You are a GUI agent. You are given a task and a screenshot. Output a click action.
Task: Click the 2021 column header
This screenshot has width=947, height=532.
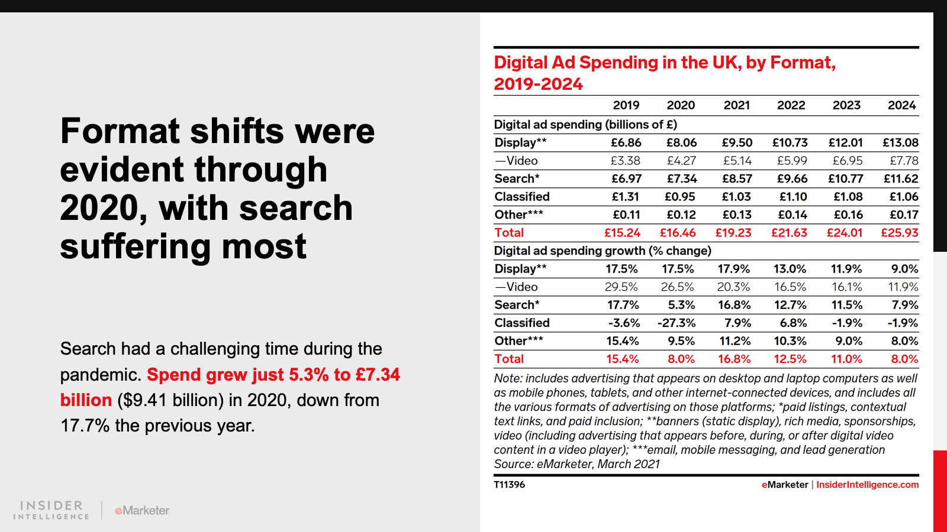pyautogui.click(x=736, y=105)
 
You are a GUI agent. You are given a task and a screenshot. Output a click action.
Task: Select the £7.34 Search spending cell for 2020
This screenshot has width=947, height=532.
pyautogui.click(x=681, y=179)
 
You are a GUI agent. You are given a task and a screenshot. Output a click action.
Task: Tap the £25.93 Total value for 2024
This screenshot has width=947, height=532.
pyautogui.click(x=899, y=233)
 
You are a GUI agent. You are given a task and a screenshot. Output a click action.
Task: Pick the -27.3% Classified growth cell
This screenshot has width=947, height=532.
pyautogui.click(x=677, y=323)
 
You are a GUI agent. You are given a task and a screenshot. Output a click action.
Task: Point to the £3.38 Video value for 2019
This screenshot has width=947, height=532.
pyautogui.click(x=625, y=161)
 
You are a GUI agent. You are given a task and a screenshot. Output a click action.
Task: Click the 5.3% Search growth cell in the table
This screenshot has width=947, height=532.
pyautogui.click(x=681, y=305)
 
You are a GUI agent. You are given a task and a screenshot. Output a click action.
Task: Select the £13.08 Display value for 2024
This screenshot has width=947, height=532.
pyautogui.click(x=900, y=142)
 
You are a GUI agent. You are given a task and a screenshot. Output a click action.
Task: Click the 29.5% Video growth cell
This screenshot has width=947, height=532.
pyautogui.click(x=621, y=287)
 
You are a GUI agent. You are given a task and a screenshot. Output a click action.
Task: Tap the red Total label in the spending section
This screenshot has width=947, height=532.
pyautogui.click(x=509, y=233)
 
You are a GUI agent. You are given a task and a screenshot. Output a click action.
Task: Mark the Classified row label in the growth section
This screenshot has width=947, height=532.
pyautogui.click(x=522, y=323)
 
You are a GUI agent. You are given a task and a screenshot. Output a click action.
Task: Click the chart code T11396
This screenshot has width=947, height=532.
pyautogui.click(x=510, y=485)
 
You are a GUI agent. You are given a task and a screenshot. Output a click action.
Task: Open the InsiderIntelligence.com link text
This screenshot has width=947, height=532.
pyautogui.click(x=867, y=485)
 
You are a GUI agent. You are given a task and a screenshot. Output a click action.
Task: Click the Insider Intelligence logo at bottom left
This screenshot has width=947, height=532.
pyautogui.click(x=51, y=510)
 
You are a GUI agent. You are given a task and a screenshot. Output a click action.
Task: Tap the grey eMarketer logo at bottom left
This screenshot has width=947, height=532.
pyautogui.click(x=142, y=510)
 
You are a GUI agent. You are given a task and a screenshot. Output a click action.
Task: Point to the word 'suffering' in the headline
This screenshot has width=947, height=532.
pyautogui.click(x=136, y=246)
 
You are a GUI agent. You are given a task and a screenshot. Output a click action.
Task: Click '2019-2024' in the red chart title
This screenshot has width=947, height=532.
pyautogui.click(x=539, y=84)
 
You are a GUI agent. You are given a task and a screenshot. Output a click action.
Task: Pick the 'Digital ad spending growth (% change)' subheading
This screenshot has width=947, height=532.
pyautogui.click(x=603, y=251)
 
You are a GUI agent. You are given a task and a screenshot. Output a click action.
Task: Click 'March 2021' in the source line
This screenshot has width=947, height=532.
pyautogui.click(x=629, y=464)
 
